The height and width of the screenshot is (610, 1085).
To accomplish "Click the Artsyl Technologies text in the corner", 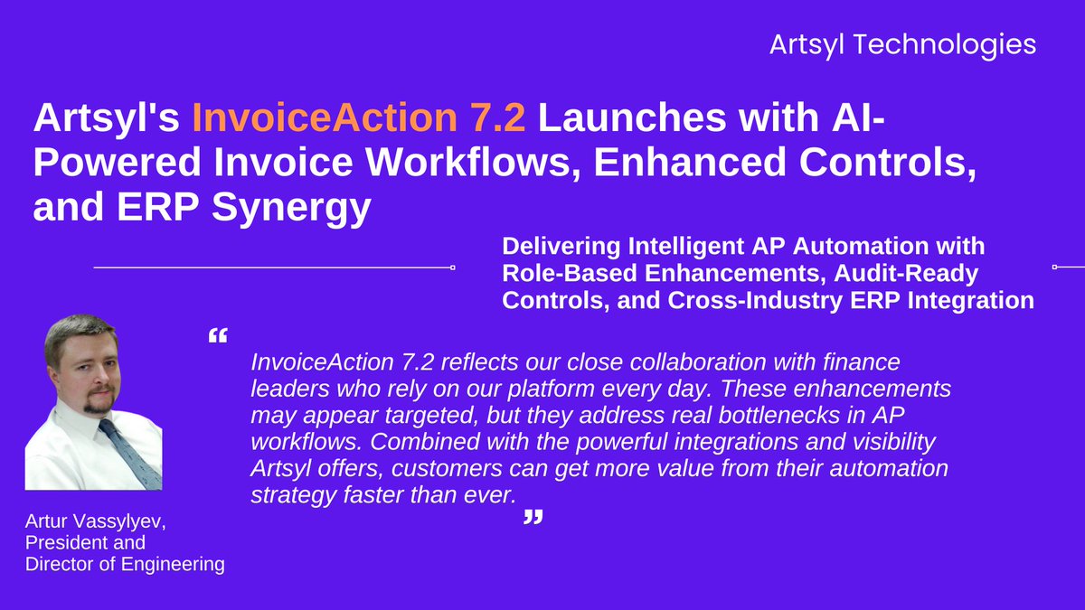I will coord(902,44).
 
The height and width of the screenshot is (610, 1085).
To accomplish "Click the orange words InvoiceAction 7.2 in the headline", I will coord(358,119).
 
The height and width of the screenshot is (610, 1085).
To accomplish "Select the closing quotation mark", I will coord(534,518).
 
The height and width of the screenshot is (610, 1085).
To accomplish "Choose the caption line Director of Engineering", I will coord(125,565).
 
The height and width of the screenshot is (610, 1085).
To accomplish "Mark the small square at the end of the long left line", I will coord(452,267).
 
